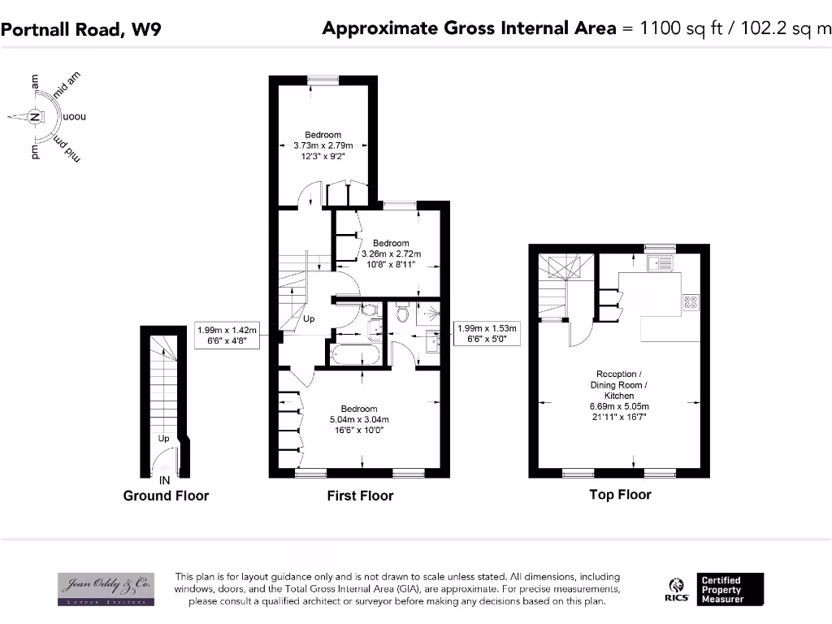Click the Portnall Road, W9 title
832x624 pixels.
click(80, 30)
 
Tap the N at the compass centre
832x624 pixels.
click(35, 117)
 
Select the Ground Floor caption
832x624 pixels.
click(166, 496)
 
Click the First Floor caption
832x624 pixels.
click(360, 496)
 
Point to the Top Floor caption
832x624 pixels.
click(620, 494)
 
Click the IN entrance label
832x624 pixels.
click(164, 480)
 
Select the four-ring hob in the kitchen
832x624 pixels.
click(691, 302)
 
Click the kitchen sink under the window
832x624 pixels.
click(657, 263)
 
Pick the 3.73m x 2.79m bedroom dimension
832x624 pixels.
click(323, 145)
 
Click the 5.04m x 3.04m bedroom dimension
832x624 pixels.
click(358, 419)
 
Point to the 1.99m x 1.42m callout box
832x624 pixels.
click(227, 336)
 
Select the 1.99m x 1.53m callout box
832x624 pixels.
click(487, 334)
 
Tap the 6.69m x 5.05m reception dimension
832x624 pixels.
click(620, 406)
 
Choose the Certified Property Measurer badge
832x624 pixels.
click(730, 590)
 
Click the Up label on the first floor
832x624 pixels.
click(309, 319)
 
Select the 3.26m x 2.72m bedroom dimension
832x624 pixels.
click(390, 253)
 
